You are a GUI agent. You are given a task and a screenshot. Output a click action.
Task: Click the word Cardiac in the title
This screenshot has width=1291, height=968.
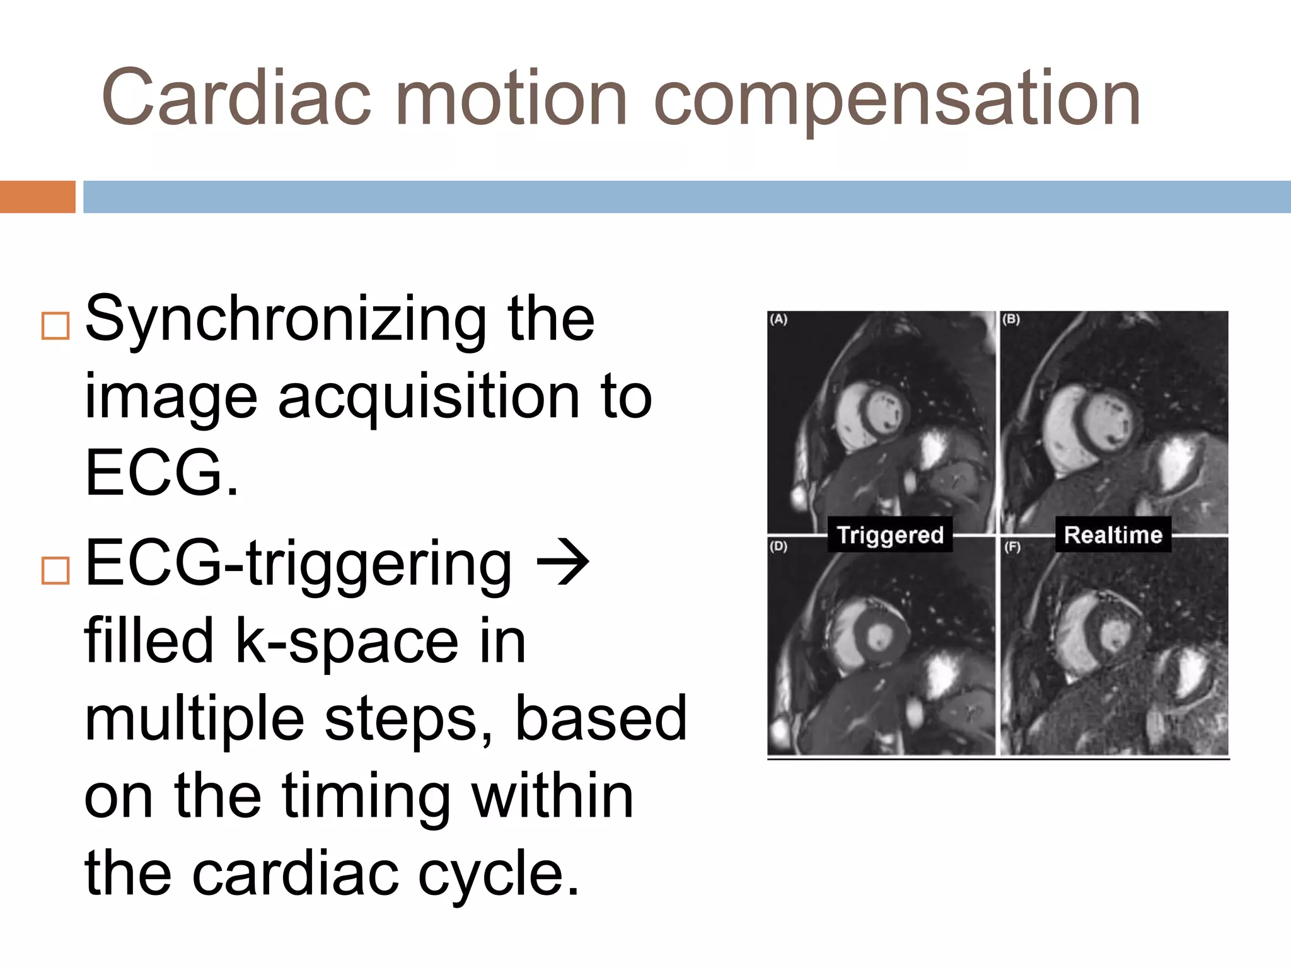pyautogui.click(x=236, y=98)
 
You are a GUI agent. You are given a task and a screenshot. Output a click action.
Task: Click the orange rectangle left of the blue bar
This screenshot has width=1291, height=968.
pyautogui.click(x=37, y=197)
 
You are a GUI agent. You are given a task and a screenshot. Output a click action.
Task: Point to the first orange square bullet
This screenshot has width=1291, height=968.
pyautogui.click(x=55, y=326)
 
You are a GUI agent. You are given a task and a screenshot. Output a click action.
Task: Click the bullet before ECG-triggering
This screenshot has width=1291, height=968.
pyautogui.click(x=55, y=570)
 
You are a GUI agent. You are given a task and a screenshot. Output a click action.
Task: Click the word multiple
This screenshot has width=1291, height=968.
pyautogui.click(x=194, y=720)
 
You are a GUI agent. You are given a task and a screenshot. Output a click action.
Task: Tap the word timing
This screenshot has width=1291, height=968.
pyautogui.click(x=366, y=797)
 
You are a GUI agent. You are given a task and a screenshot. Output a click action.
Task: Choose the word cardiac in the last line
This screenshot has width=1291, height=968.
pyautogui.click(x=295, y=874)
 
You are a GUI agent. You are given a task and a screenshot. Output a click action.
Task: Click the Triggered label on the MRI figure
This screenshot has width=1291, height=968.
pyautogui.click(x=889, y=535)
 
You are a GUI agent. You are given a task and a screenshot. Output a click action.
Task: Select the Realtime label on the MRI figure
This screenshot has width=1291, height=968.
pyautogui.click(x=1113, y=535)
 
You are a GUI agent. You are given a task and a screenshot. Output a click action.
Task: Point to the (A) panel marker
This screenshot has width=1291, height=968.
pyautogui.click(x=779, y=320)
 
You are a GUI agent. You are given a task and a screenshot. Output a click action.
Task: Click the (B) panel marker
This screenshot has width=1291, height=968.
pyautogui.click(x=1011, y=320)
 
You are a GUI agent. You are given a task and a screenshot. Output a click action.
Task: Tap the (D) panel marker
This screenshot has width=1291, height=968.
pyautogui.click(x=779, y=546)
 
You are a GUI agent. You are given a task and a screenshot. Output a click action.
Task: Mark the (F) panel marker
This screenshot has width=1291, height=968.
pyautogui.click(x=1012, y=547)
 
